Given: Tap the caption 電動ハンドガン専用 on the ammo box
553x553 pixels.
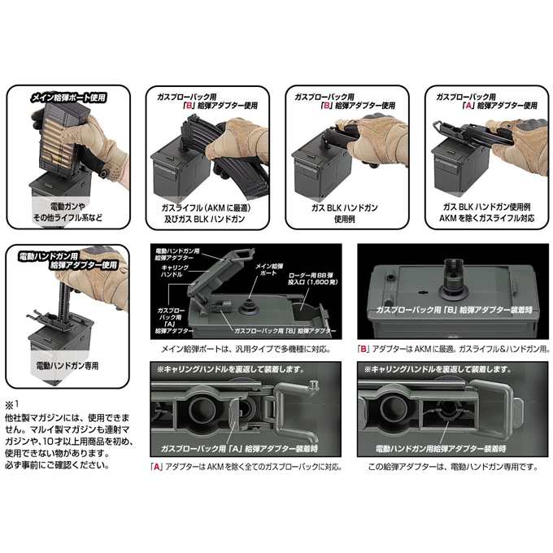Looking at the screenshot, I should click(x=69, y=367).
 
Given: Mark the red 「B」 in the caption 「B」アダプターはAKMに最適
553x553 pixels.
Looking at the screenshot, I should click(x=364, y=350).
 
